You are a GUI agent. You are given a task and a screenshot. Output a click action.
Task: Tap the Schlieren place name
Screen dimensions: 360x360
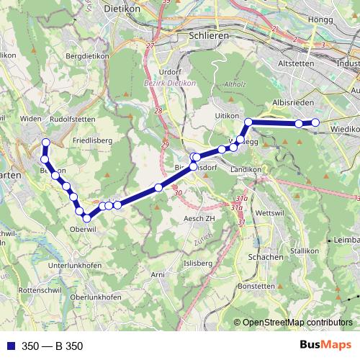(x=207, y=35)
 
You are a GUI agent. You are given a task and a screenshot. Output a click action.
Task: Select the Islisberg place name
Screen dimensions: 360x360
(x=199, y=264)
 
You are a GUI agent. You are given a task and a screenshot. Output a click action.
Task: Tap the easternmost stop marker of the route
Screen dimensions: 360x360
(x=315, y=123)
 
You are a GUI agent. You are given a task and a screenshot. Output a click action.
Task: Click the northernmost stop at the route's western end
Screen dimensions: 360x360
(x=46, y=143)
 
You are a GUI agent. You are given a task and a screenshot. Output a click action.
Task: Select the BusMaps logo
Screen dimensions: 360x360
(x=325, y=345)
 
